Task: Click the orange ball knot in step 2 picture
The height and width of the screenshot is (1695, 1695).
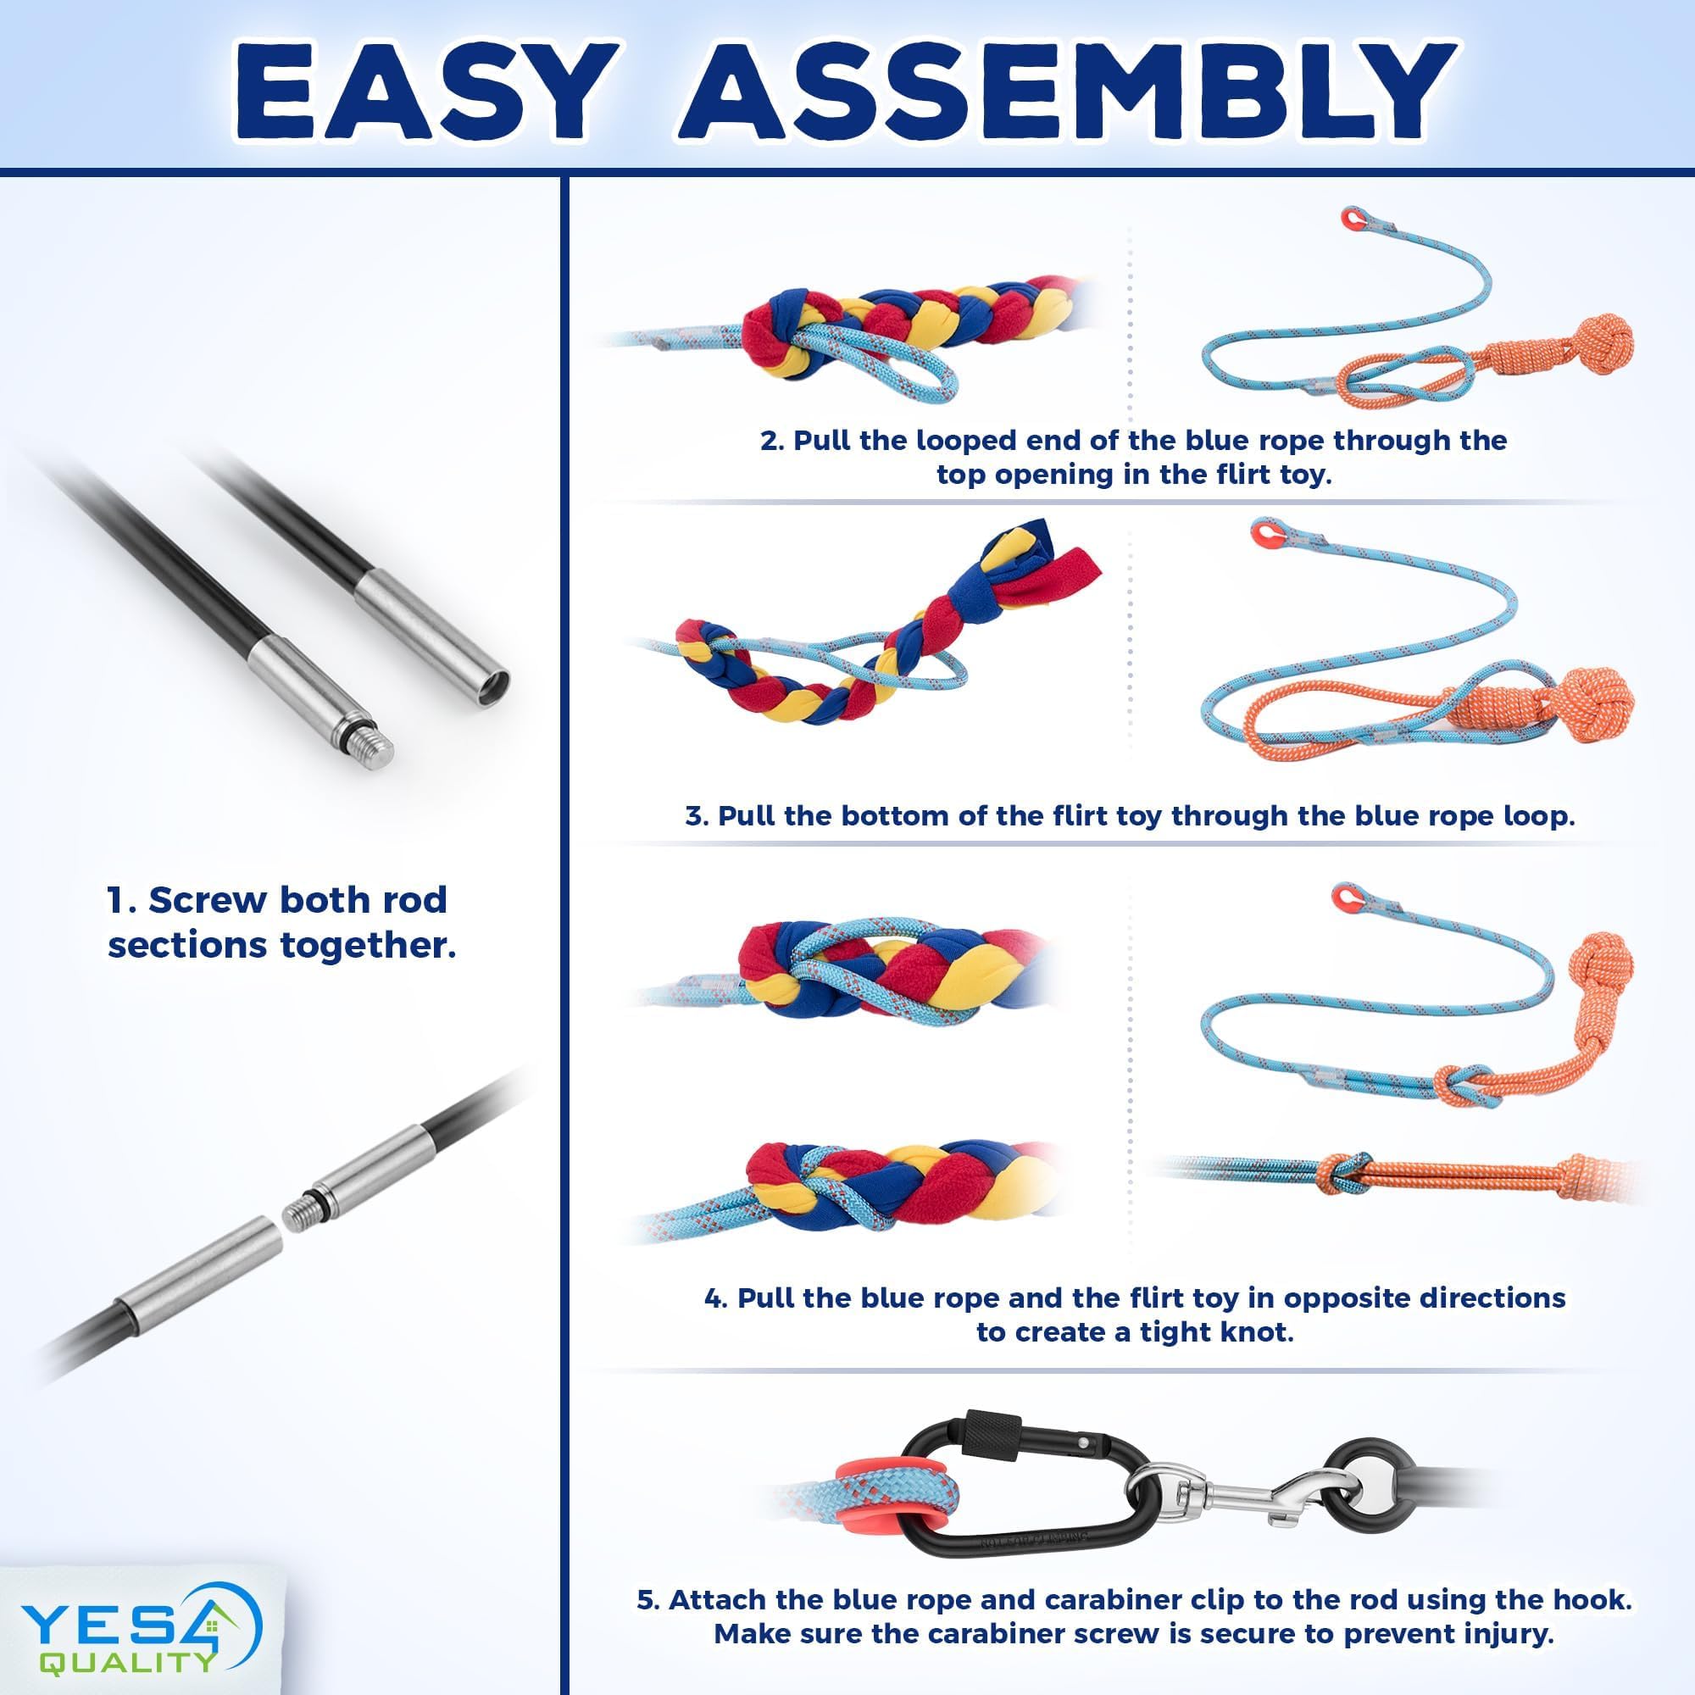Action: click(x=1603, y=342)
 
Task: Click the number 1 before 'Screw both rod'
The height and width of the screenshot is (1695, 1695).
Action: click(x=115, y=901)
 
